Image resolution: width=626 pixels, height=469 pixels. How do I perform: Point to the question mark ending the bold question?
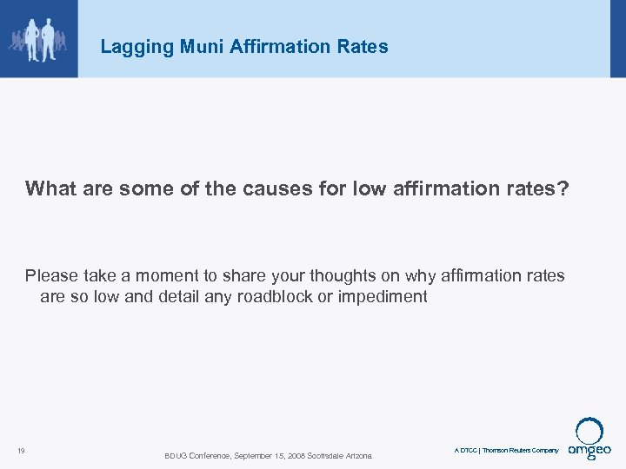click(563, 189)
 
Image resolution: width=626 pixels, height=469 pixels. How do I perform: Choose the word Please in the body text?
click(52, 276)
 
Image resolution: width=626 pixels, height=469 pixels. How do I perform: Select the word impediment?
click(383, 297)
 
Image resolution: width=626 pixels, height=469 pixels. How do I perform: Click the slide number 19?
click(20, 450)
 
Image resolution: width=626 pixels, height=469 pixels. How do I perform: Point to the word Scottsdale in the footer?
click(323, 456)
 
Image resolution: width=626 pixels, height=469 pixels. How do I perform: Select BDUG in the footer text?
click(176, 456)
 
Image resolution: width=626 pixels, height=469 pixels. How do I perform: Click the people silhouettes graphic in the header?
click(37, 39)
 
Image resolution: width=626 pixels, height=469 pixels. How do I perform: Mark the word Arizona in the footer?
click(358, 456)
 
